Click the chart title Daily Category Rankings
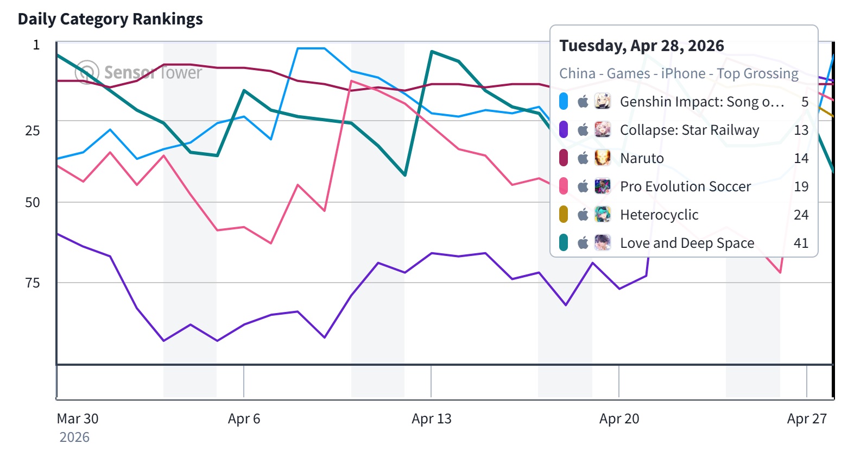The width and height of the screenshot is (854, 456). pos(110,19)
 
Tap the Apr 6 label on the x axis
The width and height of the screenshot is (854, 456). pos(244,419)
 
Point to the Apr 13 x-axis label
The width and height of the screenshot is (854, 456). pos(431,419)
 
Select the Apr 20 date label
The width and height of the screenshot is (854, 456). pos(619,419)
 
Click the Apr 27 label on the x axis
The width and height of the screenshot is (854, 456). pos(807,419)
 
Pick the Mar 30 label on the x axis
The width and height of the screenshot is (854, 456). pos(78,419)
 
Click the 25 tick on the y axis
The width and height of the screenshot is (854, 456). pos(33,130)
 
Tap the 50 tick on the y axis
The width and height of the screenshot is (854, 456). pos(33,203)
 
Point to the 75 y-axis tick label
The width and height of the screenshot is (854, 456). pos(33,283)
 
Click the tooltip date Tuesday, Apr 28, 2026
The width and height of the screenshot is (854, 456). pos(642,46)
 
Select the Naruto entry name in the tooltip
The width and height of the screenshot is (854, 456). pos(642,158)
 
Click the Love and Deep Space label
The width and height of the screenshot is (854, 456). pos(687,243)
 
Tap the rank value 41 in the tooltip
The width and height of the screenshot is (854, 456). pos(801,243)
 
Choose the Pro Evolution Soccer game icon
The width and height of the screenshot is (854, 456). pos(603,186)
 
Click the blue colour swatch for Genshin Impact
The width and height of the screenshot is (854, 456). pos(564,102)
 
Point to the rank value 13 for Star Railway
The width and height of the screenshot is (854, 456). pos(801,130)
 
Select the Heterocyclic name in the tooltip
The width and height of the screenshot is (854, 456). pos(659,215)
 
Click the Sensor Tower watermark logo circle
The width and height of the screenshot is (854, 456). pos(87,72)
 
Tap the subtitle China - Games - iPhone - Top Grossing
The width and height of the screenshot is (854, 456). pos(679,73)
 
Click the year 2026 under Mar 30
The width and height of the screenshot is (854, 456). pos(74,438)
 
